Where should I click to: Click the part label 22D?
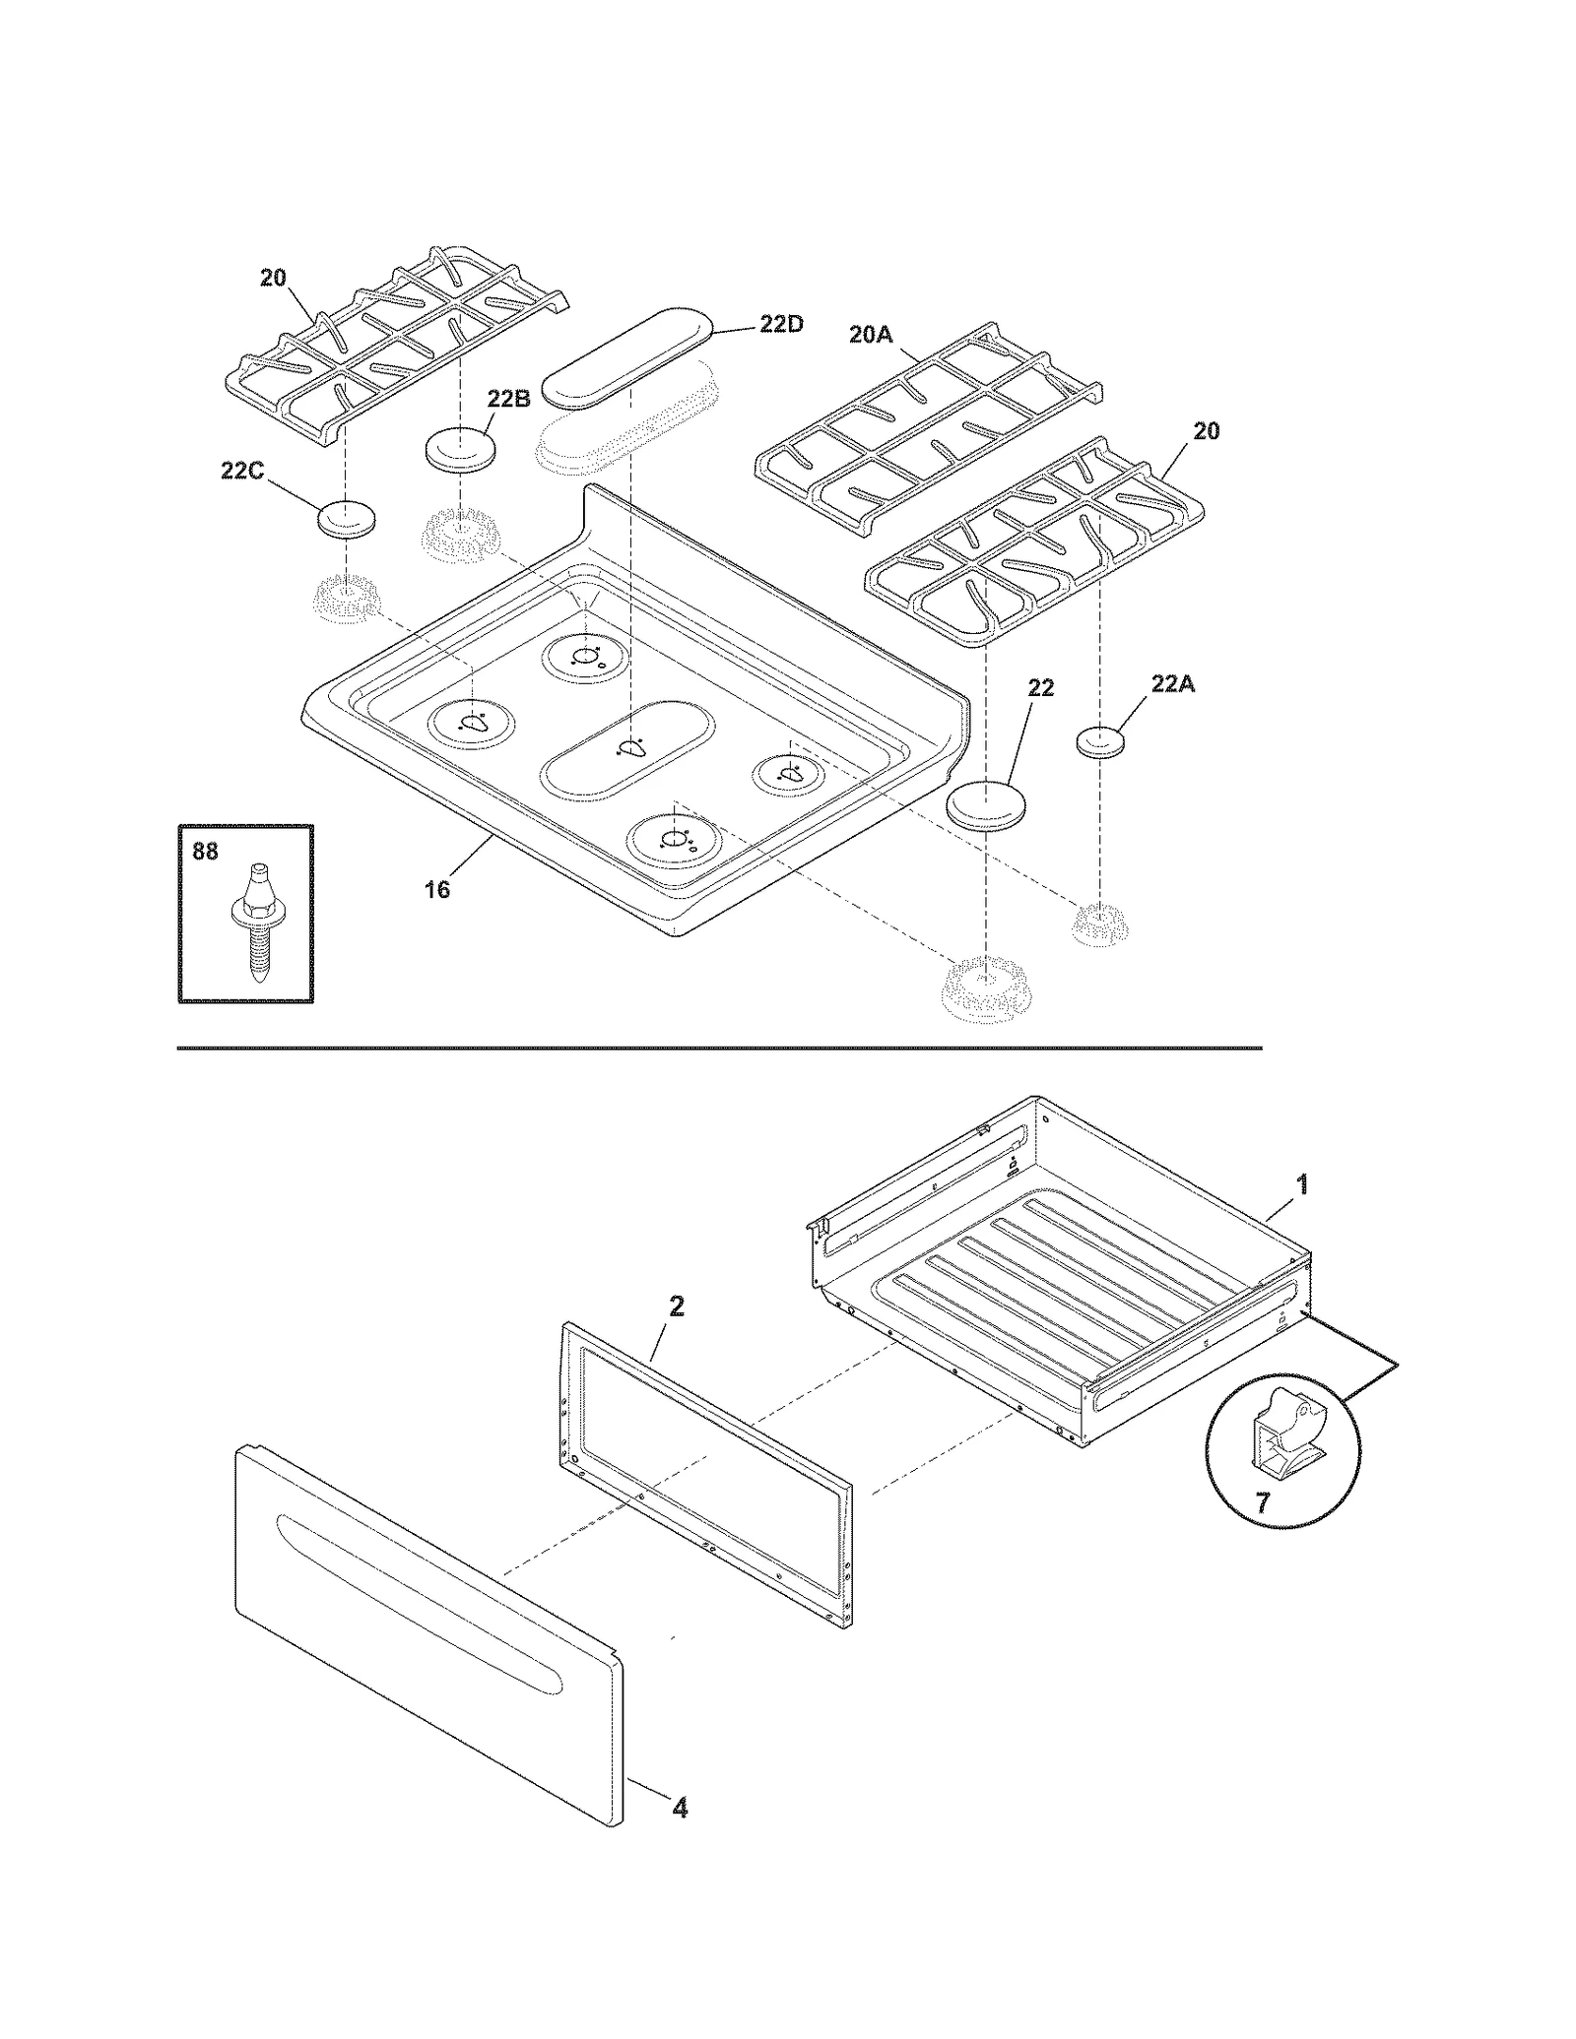[x=780, y=324]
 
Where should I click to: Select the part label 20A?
[x=870, y=335]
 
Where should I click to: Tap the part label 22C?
[x=241, y=471]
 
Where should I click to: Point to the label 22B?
[x=508, y=399]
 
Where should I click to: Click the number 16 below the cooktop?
[x=436, y=889]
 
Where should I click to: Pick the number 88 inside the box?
[x=205, y=851]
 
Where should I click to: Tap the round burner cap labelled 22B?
[x=460, y=450]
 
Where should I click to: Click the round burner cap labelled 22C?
[x=347, y=518]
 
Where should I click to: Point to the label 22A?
[x=1172, y=683]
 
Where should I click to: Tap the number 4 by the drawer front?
[x=680, y=1808]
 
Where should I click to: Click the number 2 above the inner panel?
[x=676, y=1306]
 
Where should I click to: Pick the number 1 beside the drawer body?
[x=1301, y=1184]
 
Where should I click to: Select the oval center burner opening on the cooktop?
[x=627, y=748]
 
